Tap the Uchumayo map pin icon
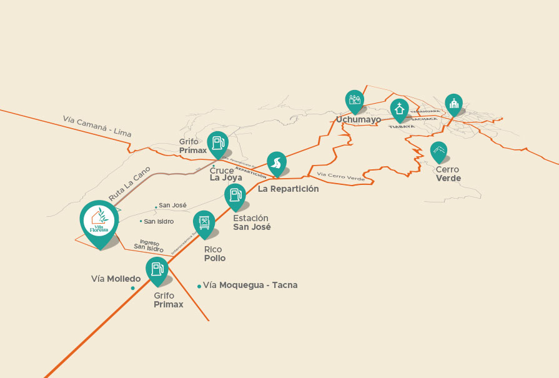(355, 100)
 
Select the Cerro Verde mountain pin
(438, 151)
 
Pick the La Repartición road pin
(276, 164)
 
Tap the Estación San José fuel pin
(235, 196)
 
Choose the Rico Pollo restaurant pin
(204, 223)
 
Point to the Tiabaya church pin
(399, 110)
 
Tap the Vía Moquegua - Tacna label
(250, 285)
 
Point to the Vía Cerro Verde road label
(340, 177)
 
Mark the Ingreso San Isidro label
(149, 246)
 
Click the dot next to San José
(156, 207)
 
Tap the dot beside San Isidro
(141, 221)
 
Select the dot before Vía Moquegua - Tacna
(199, 286)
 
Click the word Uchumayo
(358, 119)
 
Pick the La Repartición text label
(288, 189)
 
